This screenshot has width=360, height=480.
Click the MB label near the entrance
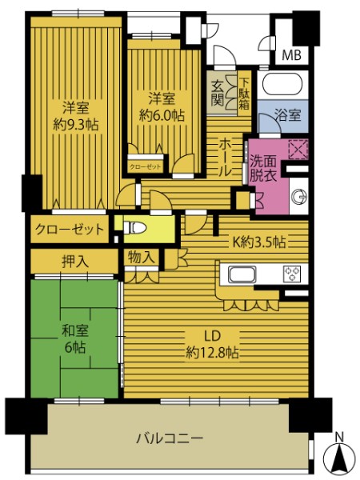point(291,54)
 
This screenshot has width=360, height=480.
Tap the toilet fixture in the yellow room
point(134,228)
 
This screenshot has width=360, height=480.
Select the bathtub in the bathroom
point(282,83)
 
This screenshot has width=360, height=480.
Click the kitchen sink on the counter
point(242,274)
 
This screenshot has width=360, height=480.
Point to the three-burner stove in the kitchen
point(292,274)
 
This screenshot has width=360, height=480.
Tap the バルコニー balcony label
point(170,438)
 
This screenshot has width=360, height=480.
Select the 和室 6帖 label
point(75,339)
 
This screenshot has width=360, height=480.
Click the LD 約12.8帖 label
point(213,344)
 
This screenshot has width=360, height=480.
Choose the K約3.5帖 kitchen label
point(259,242)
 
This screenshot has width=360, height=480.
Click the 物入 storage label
point(141,257)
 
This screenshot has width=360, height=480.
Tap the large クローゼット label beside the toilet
point(70,230)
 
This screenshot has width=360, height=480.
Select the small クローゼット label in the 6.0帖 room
point(145,166)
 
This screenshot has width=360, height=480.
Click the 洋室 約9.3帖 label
point(76,116)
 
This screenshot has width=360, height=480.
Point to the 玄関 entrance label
point(218,93)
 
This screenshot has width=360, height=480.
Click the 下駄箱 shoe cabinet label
point(244,94)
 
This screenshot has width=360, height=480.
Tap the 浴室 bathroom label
point(288,115)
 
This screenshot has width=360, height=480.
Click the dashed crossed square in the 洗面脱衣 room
point(298,149)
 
